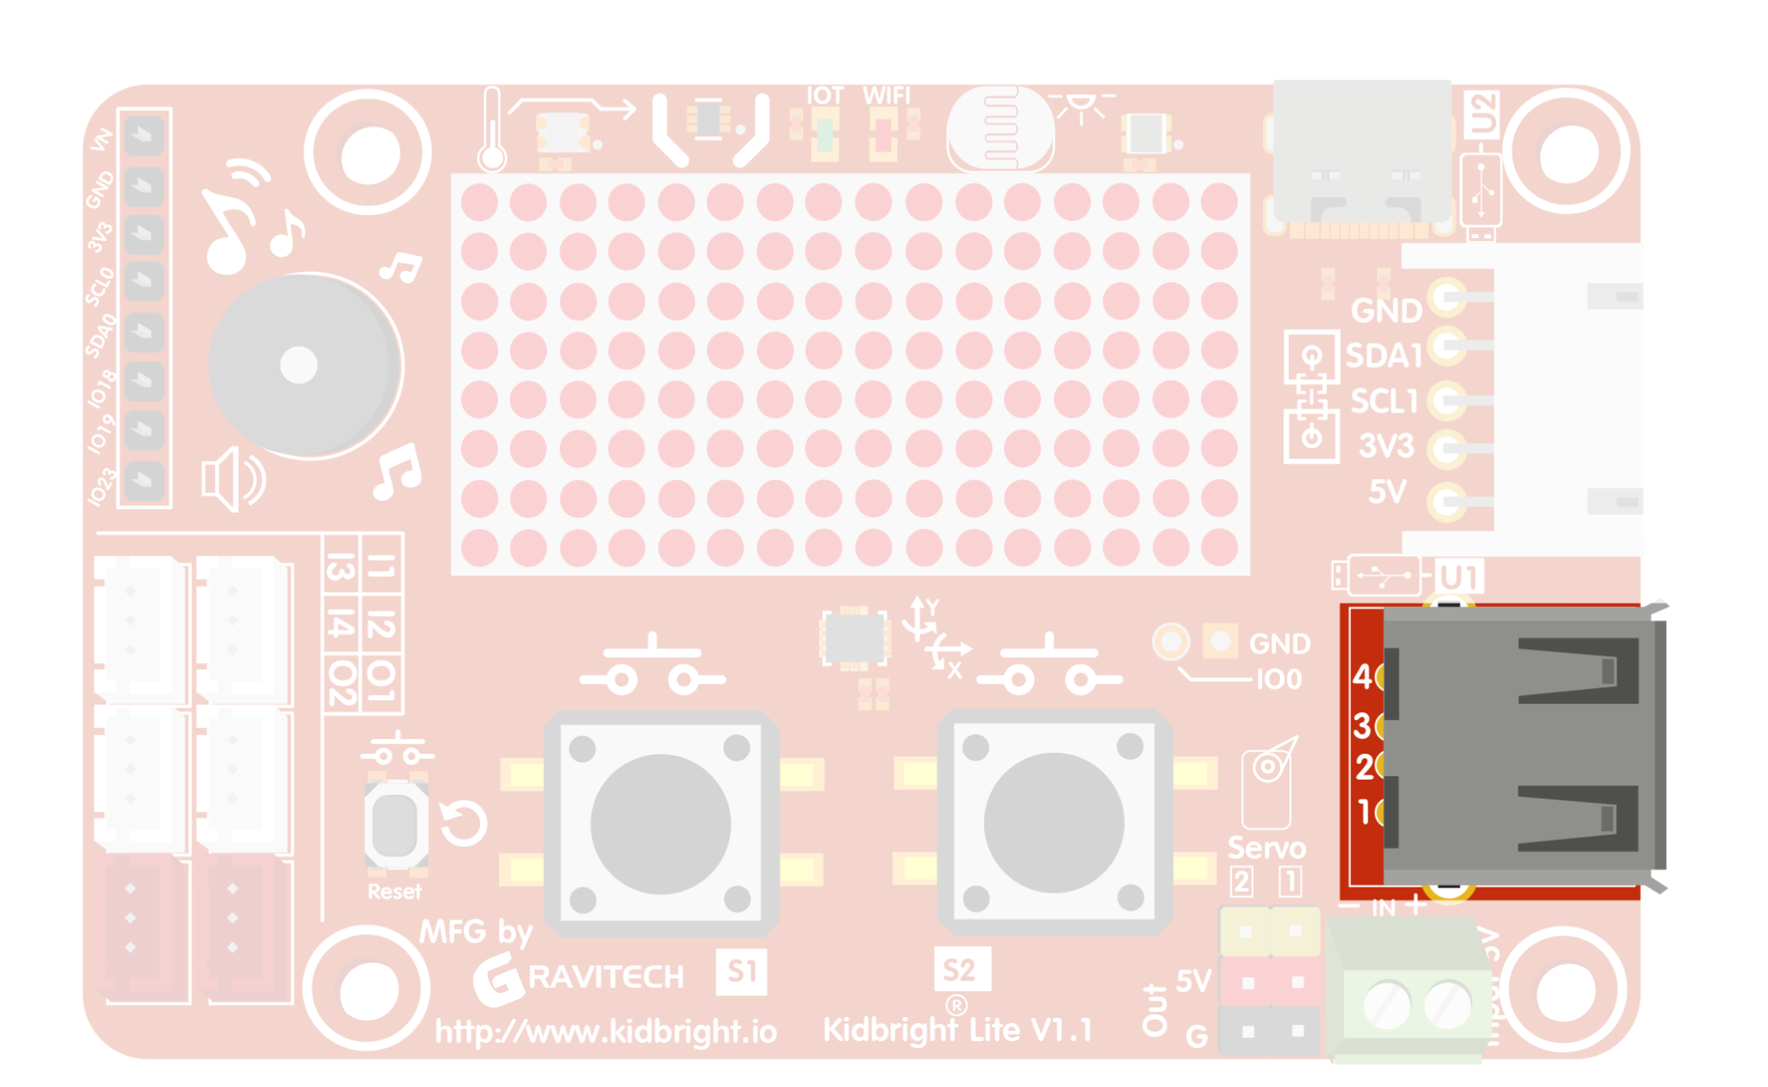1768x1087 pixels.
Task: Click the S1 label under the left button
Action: [741, 971]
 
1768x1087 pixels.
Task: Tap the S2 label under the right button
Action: [961, 970]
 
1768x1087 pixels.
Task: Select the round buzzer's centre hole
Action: [299, 365]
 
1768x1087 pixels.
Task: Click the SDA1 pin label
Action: [1383, 355]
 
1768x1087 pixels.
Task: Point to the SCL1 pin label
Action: [1384, 401]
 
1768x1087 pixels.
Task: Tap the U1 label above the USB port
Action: [1459, 577]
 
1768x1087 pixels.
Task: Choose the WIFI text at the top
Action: [887, 95]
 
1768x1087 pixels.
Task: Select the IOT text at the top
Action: [824, 95]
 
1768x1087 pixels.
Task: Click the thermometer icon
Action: [492, 130]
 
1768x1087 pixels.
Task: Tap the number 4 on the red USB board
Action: [1362, 676]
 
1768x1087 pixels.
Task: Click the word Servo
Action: [1266, 848]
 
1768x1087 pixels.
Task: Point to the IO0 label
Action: [1279, 679]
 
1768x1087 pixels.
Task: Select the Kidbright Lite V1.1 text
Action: [957, 1030]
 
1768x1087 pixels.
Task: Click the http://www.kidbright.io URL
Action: [606, 1032]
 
